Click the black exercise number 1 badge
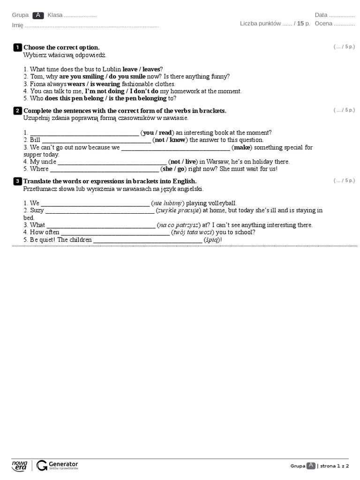[17, 47]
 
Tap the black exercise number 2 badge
[17, 111]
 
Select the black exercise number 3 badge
[17, 181]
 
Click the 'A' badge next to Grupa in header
[38, 15]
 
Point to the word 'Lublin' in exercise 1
[112, 69]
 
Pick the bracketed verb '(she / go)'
[173, 169]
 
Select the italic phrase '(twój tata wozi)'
[193, 232]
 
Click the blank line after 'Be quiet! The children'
[147, 241]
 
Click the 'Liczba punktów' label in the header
[260, 23]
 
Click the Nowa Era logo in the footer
[20, 465]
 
